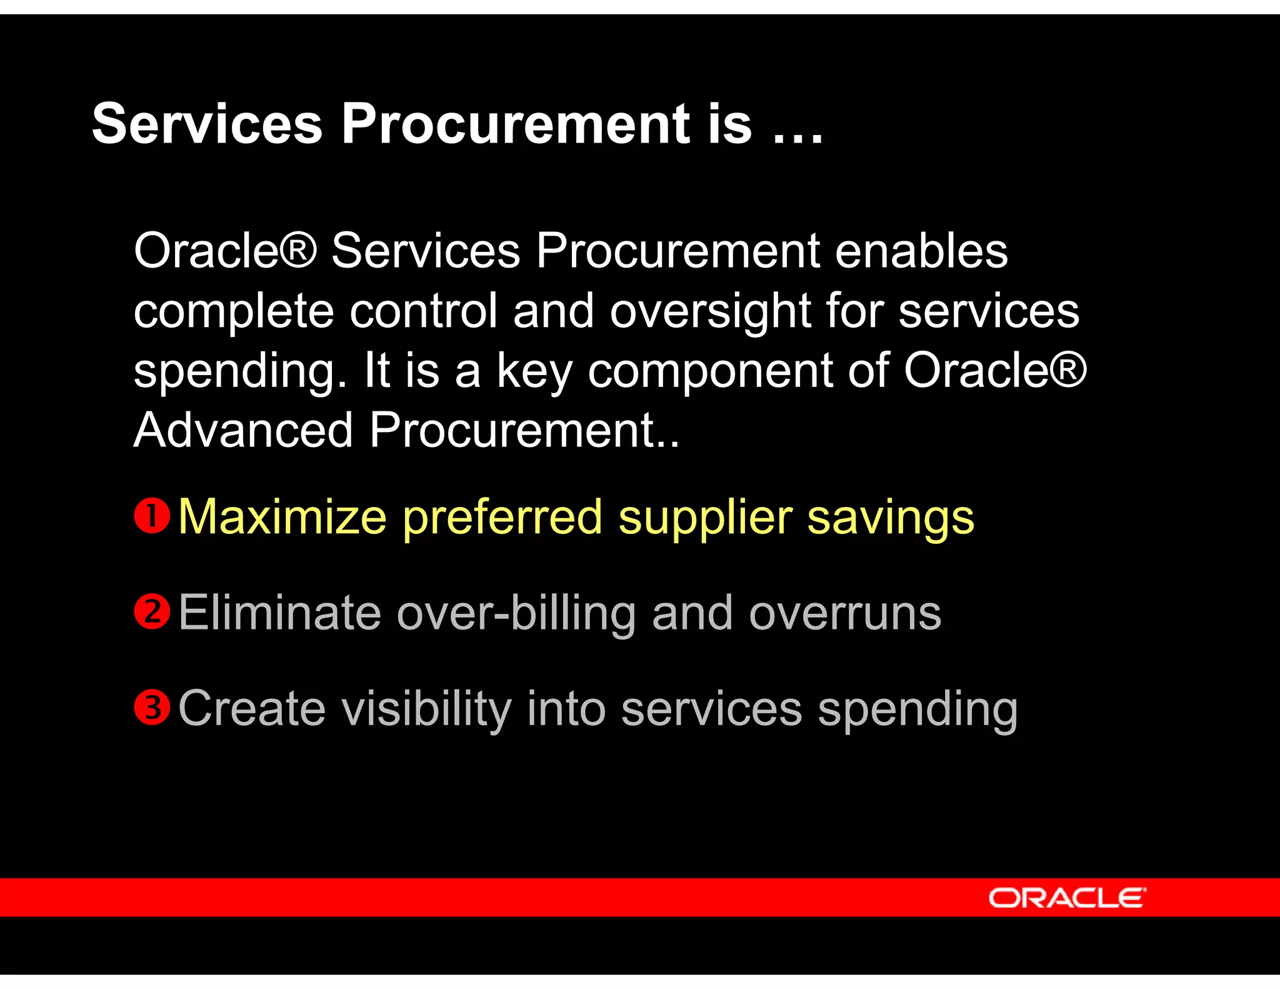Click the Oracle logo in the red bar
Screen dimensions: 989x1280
click(1067, 898)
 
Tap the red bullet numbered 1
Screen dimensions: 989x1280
click(152, 516)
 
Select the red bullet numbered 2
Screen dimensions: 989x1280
click(152, 611)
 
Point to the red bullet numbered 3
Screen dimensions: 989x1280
click(152, 708)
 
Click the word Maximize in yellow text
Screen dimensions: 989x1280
click(282, 517)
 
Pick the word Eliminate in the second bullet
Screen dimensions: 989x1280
click(279, 613)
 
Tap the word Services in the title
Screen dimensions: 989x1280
click(207, 124)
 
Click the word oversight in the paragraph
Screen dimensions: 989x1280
click(710, 311)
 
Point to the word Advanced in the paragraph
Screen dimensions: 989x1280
click(244, 430)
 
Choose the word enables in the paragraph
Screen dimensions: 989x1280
click(921, 251)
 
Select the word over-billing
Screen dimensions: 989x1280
click(516, 614)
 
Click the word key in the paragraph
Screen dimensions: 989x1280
click(534, 371)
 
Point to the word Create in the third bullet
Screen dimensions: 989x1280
click(252, 709)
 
